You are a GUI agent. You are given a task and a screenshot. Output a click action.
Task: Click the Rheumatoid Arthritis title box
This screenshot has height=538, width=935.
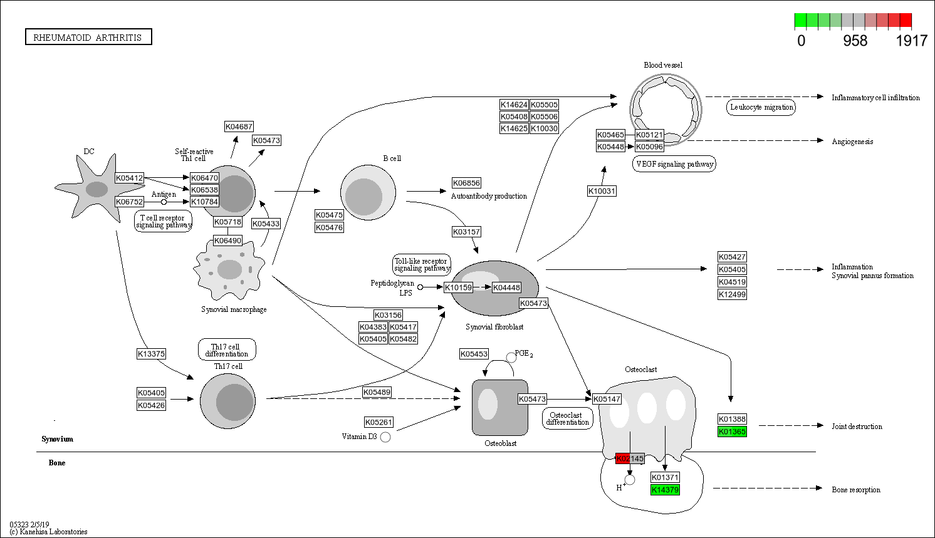(88, 38)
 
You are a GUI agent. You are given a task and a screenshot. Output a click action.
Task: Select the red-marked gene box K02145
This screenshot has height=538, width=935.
(630, 458)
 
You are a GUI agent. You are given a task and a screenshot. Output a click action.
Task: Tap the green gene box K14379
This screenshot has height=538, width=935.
(665, 490)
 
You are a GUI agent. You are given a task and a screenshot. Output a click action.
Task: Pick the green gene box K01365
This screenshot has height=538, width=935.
(732, 432)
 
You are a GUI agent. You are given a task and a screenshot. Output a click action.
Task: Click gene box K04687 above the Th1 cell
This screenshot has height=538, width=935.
(239, 127)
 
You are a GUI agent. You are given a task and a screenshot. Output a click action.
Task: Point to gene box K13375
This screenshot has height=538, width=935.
(151, 354)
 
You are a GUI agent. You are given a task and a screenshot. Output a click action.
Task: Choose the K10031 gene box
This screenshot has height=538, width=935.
(602, 191)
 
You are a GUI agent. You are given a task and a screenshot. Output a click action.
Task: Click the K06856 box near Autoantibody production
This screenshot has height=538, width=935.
(466, 183)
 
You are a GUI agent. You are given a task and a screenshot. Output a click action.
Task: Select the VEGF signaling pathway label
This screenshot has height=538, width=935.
(674, 164)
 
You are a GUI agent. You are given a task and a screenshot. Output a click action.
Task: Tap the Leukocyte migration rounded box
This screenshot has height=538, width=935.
(761, 107)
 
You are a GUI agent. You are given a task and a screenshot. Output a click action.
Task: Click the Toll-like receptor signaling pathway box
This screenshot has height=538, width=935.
(421, 265)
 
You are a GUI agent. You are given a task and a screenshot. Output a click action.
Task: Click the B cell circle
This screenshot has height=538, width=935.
(368, 193)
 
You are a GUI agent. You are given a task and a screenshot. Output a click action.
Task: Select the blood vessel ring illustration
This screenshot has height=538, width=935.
(666, 110)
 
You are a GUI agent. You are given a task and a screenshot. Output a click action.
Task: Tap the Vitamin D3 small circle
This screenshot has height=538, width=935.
(385, 437)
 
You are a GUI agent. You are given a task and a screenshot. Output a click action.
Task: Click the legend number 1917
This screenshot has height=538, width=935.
(911, 41)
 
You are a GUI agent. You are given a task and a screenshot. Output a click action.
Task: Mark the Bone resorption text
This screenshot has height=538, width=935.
(856, 490)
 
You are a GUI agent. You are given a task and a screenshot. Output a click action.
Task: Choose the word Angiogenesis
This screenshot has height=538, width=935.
(852, 142)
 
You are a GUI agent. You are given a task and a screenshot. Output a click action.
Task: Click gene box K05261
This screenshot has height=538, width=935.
(379, 422)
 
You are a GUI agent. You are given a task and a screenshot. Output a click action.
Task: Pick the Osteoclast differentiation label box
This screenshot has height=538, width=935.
(567, 418)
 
